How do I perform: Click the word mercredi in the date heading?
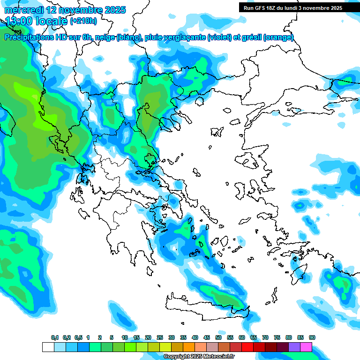(23, 10)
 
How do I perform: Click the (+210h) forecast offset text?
(83, 21)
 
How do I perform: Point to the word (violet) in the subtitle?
(219, 37)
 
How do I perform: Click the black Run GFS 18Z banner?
(292, 7)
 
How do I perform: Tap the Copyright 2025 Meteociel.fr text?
(199, 357)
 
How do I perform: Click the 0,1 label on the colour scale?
(55, 338)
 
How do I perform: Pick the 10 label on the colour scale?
(124, 338)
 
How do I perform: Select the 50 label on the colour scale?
(218, 338)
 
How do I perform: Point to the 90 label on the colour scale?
(312, 338)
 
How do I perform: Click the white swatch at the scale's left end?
(48, 347)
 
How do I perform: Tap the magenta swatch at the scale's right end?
(306, 347)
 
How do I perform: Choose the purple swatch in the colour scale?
(294, 347)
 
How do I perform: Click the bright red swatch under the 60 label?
(247, 347)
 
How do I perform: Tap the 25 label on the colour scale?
(160, 338)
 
